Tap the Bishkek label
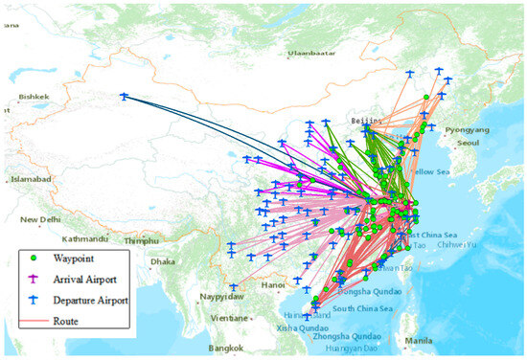coord(32,97)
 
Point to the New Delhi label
coord(51,218)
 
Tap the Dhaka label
coord(164,260)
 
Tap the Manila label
coord(418,341)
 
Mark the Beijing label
coord(366,122)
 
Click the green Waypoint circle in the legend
coord(36,257)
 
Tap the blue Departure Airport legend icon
coord(36,301)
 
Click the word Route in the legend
coord(67,321)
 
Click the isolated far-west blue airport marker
coord(124,95)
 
